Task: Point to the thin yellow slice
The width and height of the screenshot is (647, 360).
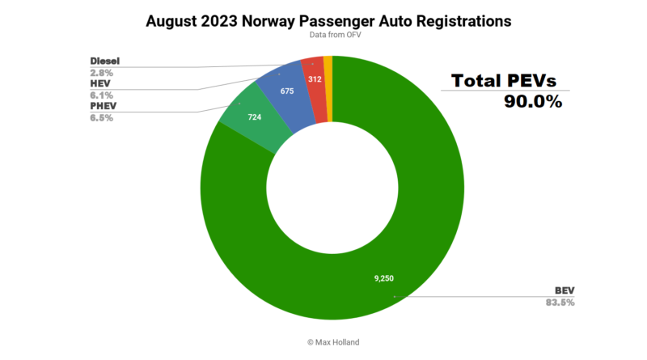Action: point(328,65)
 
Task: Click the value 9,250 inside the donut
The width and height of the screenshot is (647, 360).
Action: point(384,277)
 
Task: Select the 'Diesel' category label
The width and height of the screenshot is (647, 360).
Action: point(105,61)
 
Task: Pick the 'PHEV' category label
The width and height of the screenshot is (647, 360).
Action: point(103,106)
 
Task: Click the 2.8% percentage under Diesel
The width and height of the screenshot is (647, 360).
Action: point(101,72)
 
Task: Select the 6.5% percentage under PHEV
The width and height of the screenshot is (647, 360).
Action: point(101,117)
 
